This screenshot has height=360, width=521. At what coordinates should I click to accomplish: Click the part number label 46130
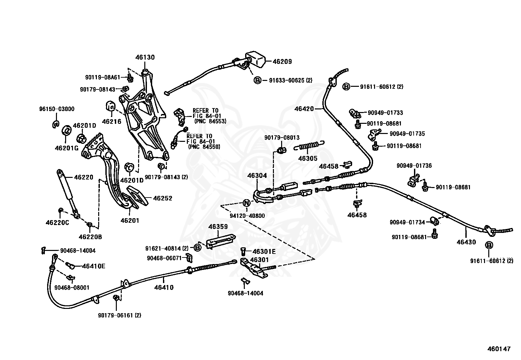(x=145, y=57)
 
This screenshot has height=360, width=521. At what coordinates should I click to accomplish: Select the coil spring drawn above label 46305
(x=309, y=146)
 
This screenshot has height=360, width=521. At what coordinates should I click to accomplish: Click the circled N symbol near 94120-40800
(x=246, y=203)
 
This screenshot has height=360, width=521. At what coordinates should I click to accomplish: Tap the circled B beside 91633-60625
(x=257, y=80)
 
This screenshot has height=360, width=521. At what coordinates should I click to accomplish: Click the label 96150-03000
(x=57, y=109)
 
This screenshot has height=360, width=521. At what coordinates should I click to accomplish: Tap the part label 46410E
(x=94, y=266)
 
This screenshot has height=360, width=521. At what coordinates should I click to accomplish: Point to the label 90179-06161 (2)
(x=119, y=315)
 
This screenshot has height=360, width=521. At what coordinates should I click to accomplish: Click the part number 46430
(x=466, y=242)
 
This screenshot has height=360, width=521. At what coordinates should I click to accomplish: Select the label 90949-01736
(x=414, y=165)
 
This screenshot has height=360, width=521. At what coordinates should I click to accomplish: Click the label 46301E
(x=264, y=252)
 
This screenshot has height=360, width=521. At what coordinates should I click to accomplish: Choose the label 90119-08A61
(x=102, y=77)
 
